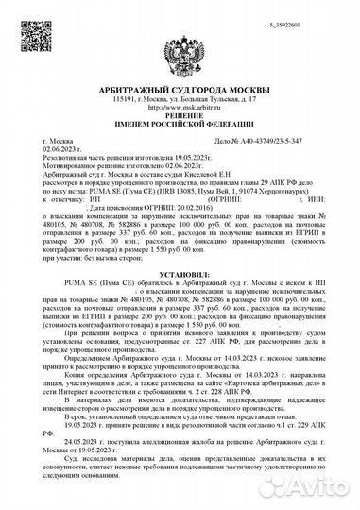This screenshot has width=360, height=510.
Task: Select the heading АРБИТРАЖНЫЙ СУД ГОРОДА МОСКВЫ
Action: point(180,88)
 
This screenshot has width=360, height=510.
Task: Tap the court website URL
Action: point(180,107)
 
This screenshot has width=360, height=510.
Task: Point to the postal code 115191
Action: point(124,98)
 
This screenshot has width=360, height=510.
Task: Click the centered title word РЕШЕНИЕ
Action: point(180,116)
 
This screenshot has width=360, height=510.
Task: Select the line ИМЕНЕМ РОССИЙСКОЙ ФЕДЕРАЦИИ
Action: point(180,126)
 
